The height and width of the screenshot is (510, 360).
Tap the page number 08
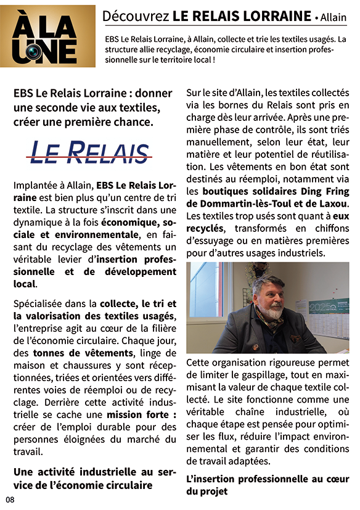click(10, 500)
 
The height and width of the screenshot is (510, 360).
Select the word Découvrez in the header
click(135, 15)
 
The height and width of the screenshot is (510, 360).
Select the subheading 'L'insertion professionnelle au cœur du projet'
click(268, 485)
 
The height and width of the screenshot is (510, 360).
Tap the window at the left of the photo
click(206, 290)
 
